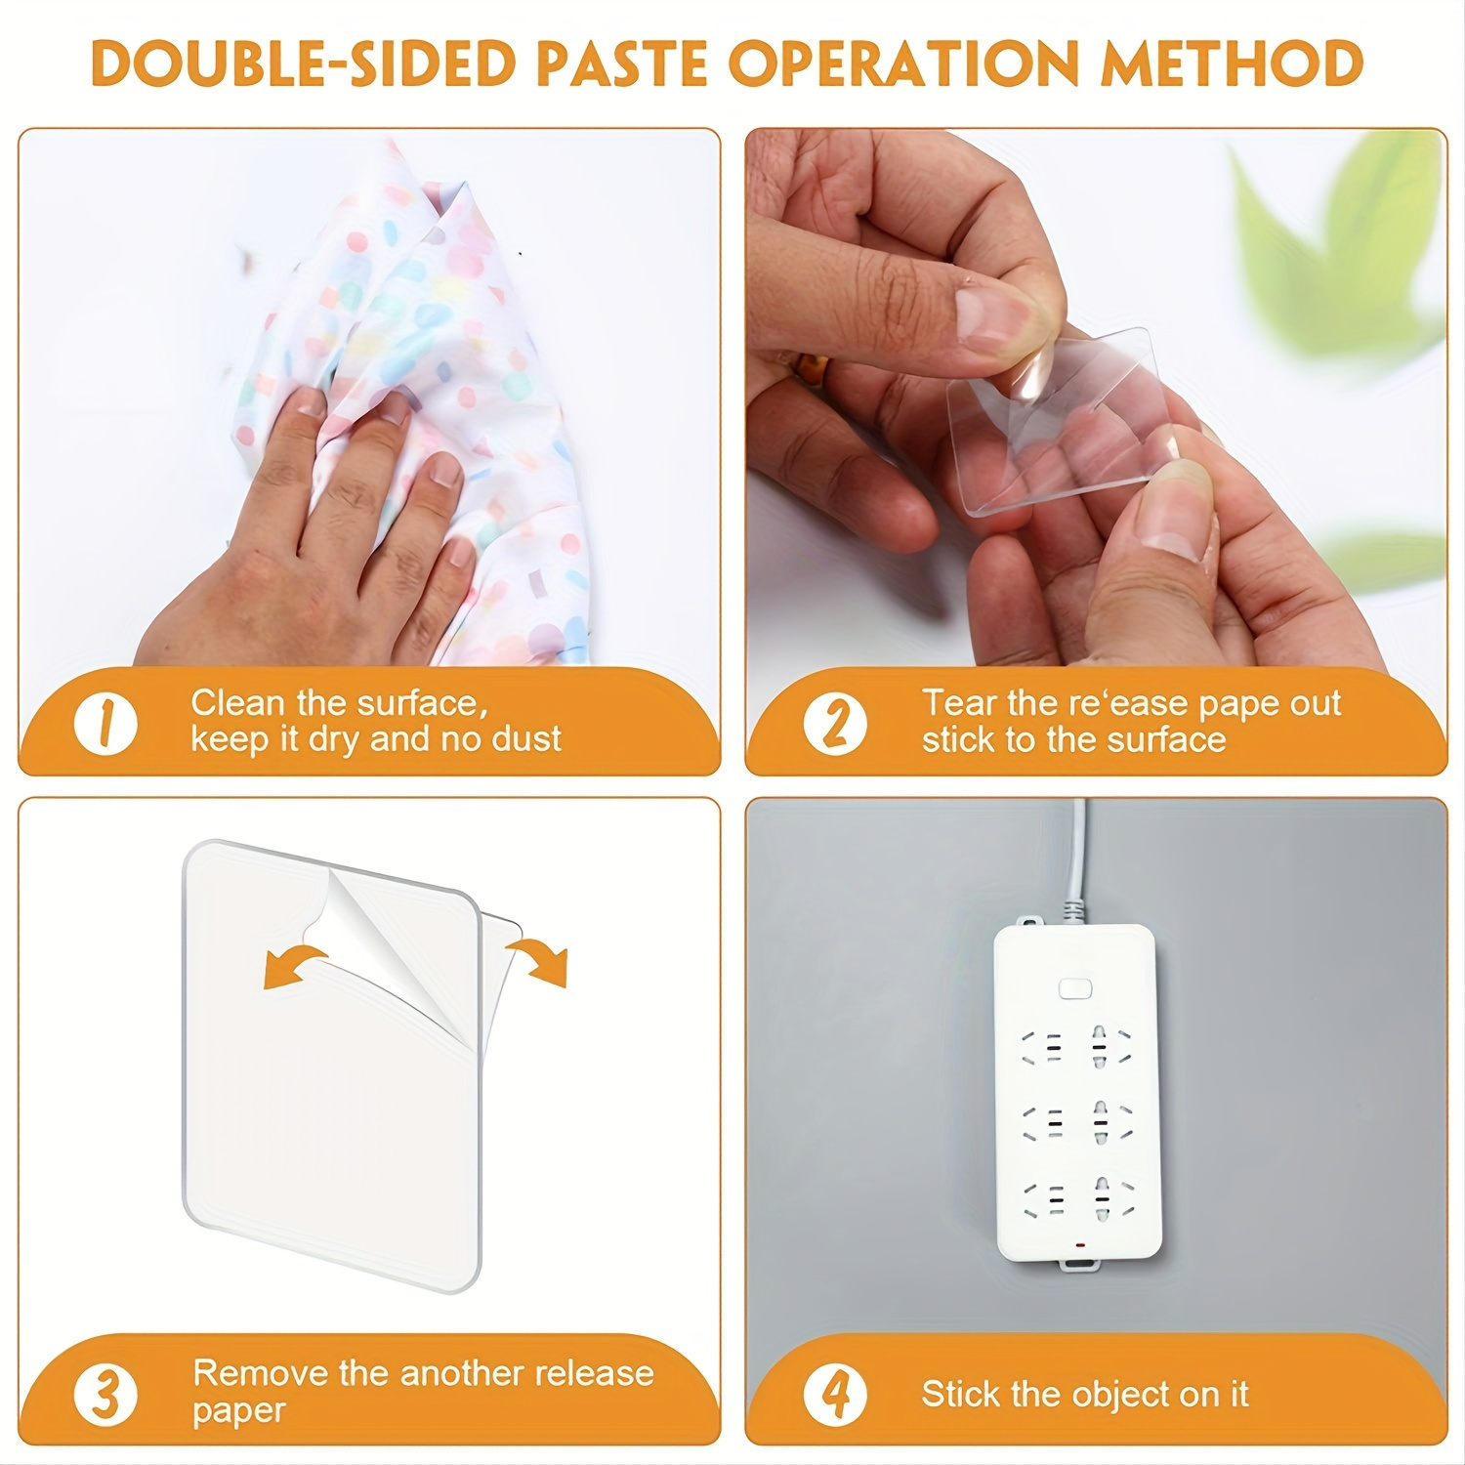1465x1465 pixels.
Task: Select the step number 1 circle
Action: pyautogui.click(x=105, y=724)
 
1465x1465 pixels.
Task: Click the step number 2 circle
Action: pyautogui.click(x=835, y=724)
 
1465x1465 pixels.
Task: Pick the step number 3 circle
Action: pyautogui.click(x=105, y=1394)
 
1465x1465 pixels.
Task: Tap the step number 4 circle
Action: pyautogui.click(x=835, y=1394)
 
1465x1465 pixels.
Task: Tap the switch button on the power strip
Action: pyautogui.click(x=1074, y=989)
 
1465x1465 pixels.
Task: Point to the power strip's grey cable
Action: pyautogui.click(x=1077, y=859)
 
